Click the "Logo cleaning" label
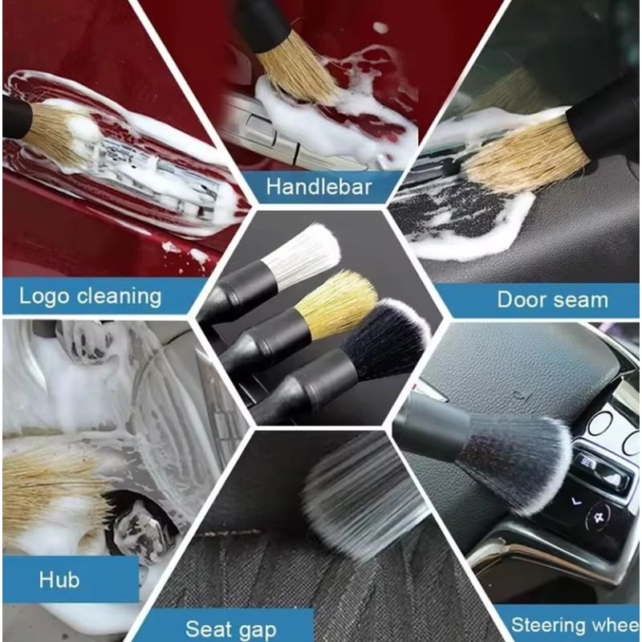(x=90, y=296)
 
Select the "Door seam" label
(x=552, y=300)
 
